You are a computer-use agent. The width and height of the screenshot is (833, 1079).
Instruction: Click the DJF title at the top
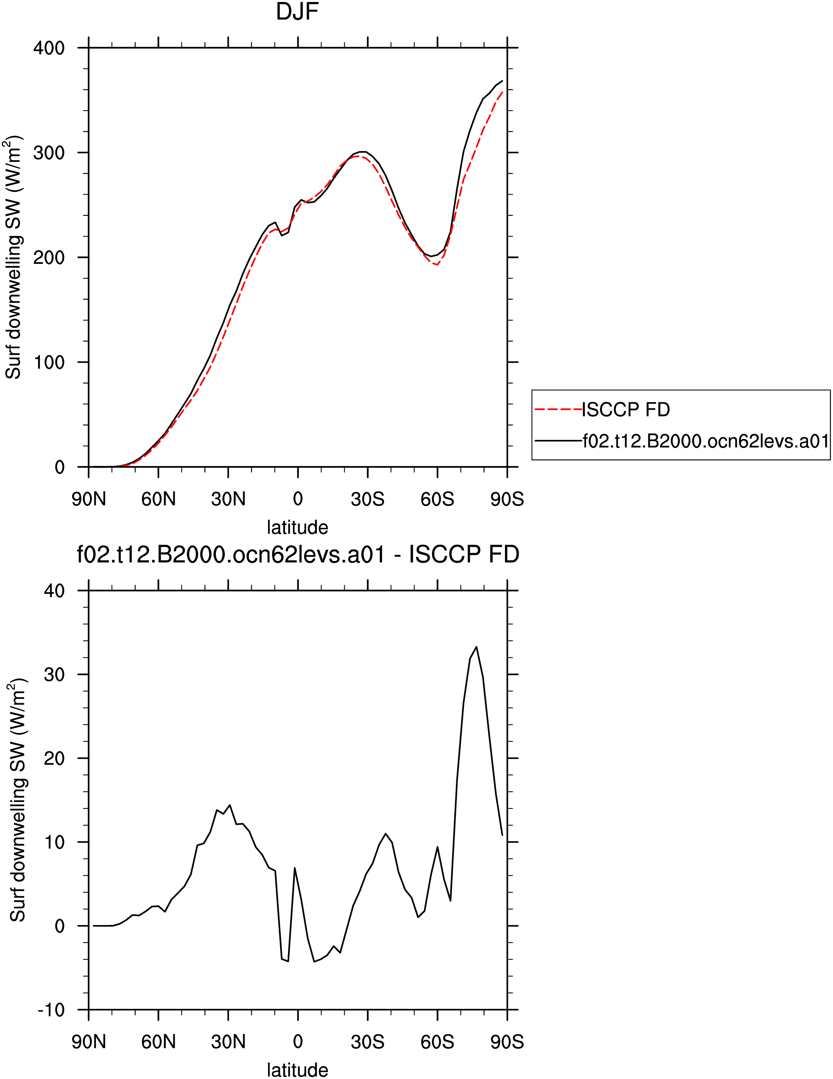click(297, 11)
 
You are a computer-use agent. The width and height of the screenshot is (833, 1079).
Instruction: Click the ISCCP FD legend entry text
click(626, 409)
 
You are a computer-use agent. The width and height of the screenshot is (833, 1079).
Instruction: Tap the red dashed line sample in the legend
click(558, 409)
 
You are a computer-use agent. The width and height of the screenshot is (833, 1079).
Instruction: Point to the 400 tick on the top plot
click(49, 48)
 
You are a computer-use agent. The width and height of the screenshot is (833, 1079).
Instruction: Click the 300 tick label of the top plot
click(49, 153)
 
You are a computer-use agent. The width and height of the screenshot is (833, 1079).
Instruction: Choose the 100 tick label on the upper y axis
click(49, 362)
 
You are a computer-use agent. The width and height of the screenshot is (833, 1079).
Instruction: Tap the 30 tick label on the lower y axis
click(54, 674)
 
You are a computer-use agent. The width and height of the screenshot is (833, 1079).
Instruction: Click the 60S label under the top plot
click(437, 499)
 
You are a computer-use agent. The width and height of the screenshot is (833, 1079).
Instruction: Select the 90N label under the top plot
click(89, 499)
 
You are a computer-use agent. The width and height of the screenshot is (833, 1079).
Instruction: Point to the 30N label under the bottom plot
click(228, 1042)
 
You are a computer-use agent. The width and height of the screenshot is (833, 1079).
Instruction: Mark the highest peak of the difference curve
click(476, 647)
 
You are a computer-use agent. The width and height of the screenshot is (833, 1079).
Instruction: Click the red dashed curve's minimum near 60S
click(437, 265)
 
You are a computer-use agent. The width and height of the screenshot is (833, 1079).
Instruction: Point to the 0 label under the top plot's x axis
click(298, 499)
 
